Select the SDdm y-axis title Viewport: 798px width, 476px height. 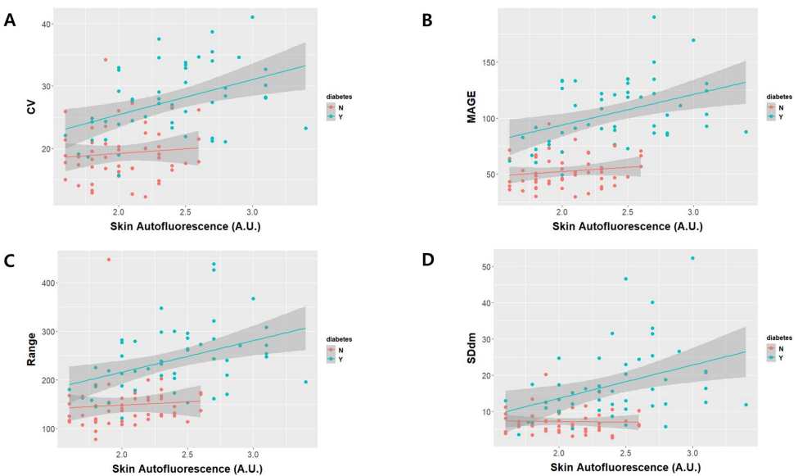(448, 346)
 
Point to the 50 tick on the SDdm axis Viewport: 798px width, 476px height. (486, 268)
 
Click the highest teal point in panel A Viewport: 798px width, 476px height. (252, 17)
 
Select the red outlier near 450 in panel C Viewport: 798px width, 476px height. (109, 260)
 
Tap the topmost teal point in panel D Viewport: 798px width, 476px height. (692, 258)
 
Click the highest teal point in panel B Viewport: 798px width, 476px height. (654, 17)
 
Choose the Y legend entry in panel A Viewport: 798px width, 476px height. (340, 117)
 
